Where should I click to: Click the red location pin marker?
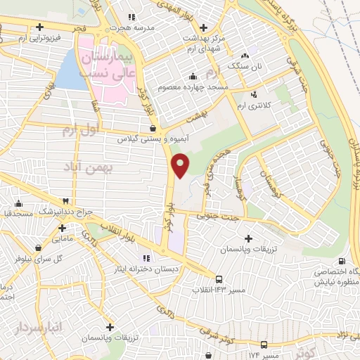(181, 166)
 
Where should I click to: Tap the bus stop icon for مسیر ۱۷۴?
(264, 345)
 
